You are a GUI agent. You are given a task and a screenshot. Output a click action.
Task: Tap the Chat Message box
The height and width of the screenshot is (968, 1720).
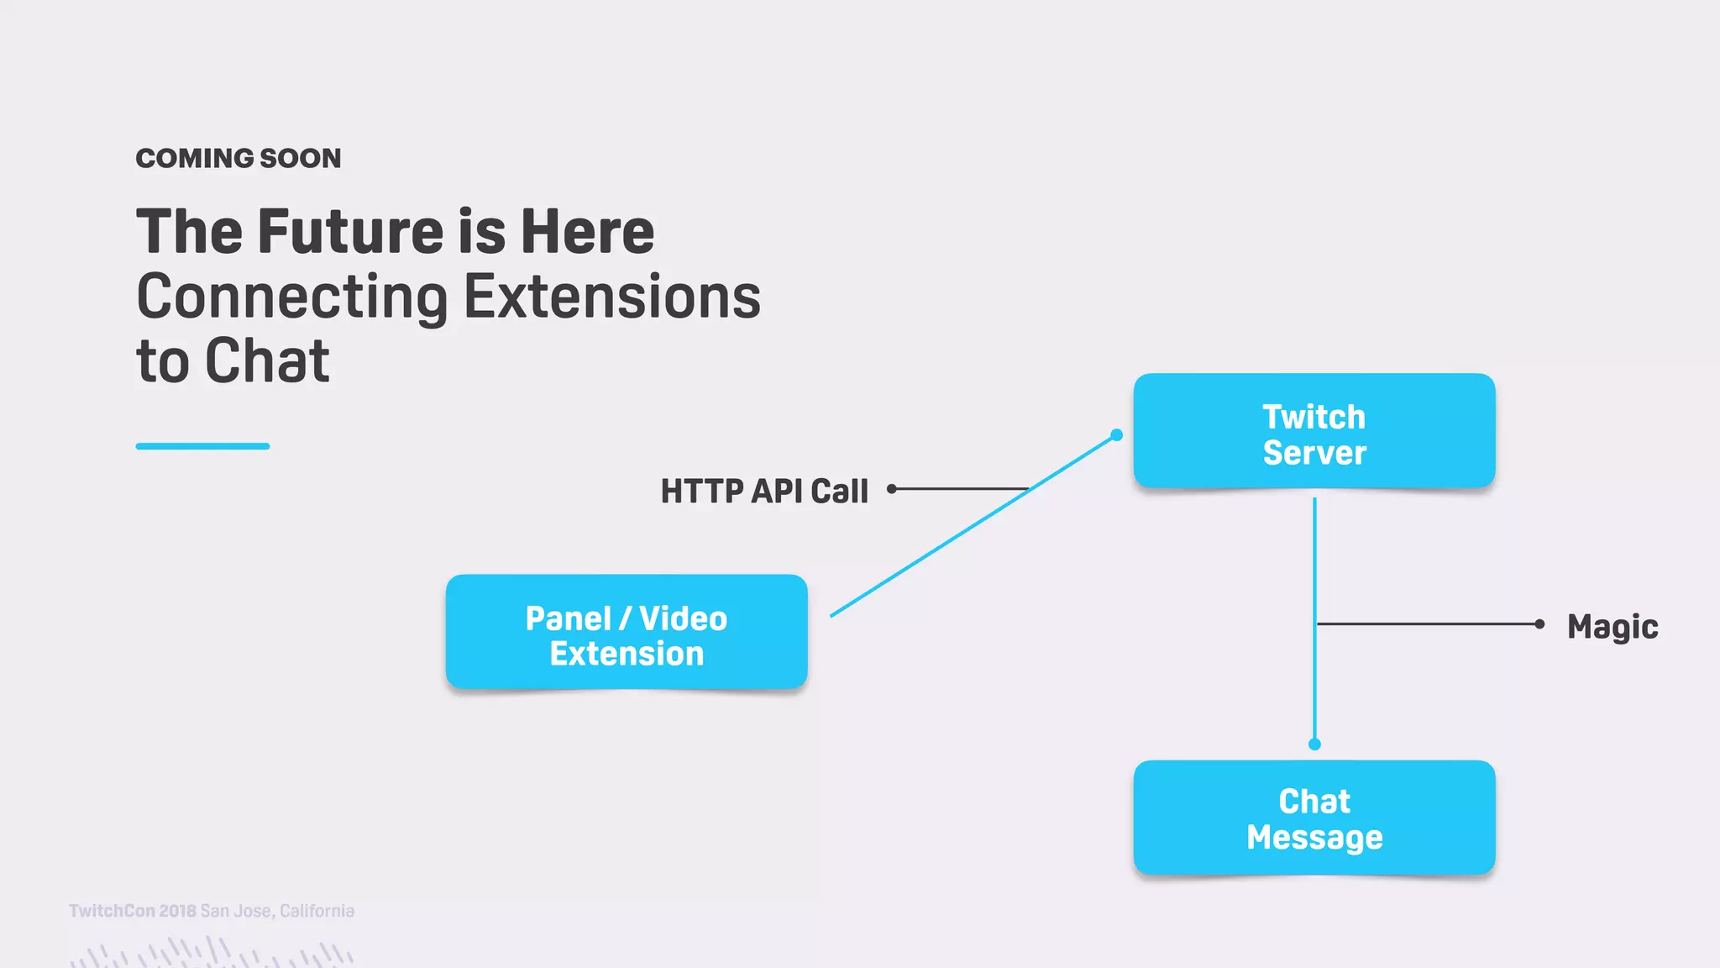1314,818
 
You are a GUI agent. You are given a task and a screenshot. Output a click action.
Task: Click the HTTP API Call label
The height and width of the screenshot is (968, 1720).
763,491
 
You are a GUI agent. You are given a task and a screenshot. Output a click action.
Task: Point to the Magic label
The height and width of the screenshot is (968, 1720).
1612,627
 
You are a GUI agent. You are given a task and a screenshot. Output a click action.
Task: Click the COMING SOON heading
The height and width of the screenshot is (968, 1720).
239,158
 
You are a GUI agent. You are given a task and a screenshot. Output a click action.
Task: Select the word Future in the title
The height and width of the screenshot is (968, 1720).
350,231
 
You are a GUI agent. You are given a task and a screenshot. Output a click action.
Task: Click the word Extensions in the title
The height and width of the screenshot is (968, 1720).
612,297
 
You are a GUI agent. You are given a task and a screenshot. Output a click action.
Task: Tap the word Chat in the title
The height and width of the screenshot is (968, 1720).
267,361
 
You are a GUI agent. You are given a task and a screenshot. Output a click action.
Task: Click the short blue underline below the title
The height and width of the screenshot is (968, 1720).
202,446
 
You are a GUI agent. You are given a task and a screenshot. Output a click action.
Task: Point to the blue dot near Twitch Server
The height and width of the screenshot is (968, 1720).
1116,434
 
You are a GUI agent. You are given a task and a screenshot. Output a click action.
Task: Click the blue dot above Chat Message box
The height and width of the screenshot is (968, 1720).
1314,744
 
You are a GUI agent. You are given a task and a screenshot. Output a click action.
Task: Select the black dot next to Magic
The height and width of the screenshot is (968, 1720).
1539,623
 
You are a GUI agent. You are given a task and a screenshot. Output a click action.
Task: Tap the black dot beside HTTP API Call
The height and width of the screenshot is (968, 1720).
891,488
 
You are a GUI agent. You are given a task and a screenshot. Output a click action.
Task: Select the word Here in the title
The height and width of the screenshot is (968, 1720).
587,231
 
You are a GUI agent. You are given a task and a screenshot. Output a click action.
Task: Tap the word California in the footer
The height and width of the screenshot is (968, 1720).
317,911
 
